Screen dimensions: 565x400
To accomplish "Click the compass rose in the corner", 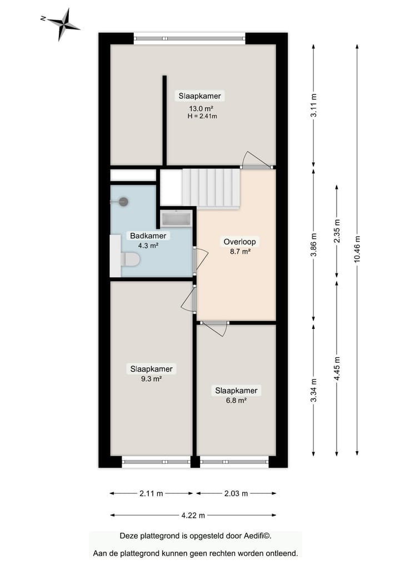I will pos(63,24).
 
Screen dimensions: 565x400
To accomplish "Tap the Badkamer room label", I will pos(148,236).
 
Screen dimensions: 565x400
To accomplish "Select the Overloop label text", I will pos(239,242).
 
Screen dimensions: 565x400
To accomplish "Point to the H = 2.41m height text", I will pos(202,117).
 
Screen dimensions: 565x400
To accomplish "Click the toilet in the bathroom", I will pos(131,259).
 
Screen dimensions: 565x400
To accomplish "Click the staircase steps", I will pos(211,188).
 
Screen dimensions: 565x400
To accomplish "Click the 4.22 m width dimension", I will pos(193,515).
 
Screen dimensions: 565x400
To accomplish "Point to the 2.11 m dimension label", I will pos(152,493).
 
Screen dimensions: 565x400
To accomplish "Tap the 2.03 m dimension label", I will pos(236,493).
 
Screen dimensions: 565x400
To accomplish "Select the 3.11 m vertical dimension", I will pos(314,106).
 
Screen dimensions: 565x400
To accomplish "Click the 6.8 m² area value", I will pos(237,400).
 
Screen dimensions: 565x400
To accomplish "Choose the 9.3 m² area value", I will pos(151,379).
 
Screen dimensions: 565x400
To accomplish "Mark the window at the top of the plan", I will pos(189,38).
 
